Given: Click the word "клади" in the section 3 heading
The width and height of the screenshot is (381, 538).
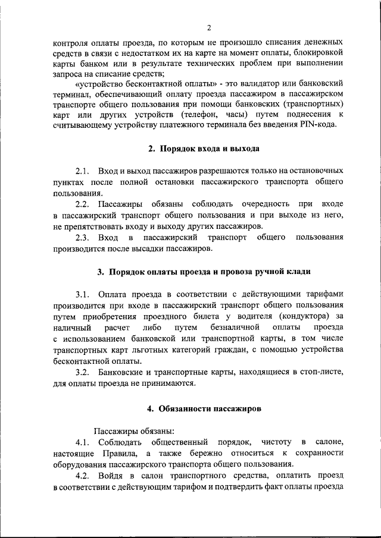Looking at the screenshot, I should point(298,272).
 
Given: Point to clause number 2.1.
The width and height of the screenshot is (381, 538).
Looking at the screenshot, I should point(82,171).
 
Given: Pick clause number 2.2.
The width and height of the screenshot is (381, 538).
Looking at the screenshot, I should point(82,204).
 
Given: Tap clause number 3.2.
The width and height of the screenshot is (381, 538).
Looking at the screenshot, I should point(82,372).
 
